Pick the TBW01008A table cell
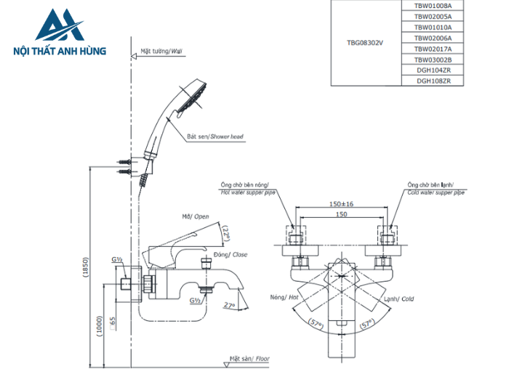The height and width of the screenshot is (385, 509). click(433, 5)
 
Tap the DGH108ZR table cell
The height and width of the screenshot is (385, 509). click(433, 81)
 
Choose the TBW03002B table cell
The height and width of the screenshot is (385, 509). click(433, 60)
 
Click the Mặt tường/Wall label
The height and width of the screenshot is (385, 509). click(157, 52)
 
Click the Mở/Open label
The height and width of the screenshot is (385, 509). click(195, 216)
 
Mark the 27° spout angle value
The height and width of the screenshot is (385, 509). click(230, 305)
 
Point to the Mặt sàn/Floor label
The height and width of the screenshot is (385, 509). click(249, 359)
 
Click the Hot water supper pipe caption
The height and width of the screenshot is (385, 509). click(252, 193)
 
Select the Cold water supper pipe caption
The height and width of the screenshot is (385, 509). click(433, 193)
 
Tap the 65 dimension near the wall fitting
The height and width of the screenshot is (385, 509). click(113, 320)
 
